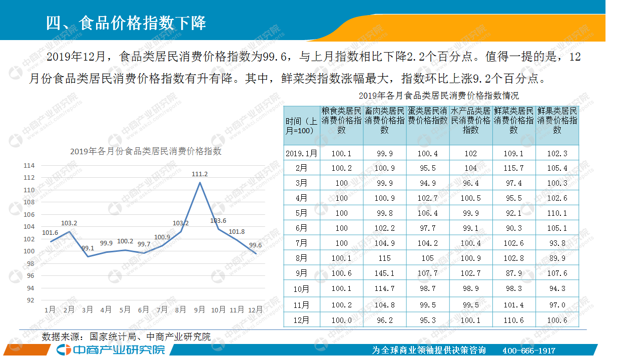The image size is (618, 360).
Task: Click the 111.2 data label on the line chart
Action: (x=200, y=174)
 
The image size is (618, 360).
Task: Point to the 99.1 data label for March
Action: (x=88, y=248)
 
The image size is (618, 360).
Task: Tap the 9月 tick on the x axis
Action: (x=199, y=310)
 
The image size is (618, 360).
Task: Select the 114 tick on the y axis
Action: (x=30, y=166)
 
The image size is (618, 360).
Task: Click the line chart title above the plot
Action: (x=146, y=151)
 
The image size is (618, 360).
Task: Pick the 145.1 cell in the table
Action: (x=384, y=273)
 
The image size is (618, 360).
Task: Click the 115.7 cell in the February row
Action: (x=514, y=168)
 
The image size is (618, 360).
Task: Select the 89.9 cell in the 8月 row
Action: (x=557, y=258)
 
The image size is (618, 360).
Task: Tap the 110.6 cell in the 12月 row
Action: (x=514, y=320)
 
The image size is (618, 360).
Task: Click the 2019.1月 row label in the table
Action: (x=301, y=154)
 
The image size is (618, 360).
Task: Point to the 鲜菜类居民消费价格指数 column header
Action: (x=514, y=120)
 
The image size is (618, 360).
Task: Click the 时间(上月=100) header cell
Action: (x=301, y=126)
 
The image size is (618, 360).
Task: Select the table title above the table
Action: (x=431, y=95)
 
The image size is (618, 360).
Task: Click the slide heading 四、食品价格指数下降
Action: (x=126, y=24)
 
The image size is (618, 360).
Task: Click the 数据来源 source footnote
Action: (x=126, y=337)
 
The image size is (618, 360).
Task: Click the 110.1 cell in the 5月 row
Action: (x=557, y=213)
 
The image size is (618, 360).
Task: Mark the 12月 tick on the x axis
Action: (x=255, y=310)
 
